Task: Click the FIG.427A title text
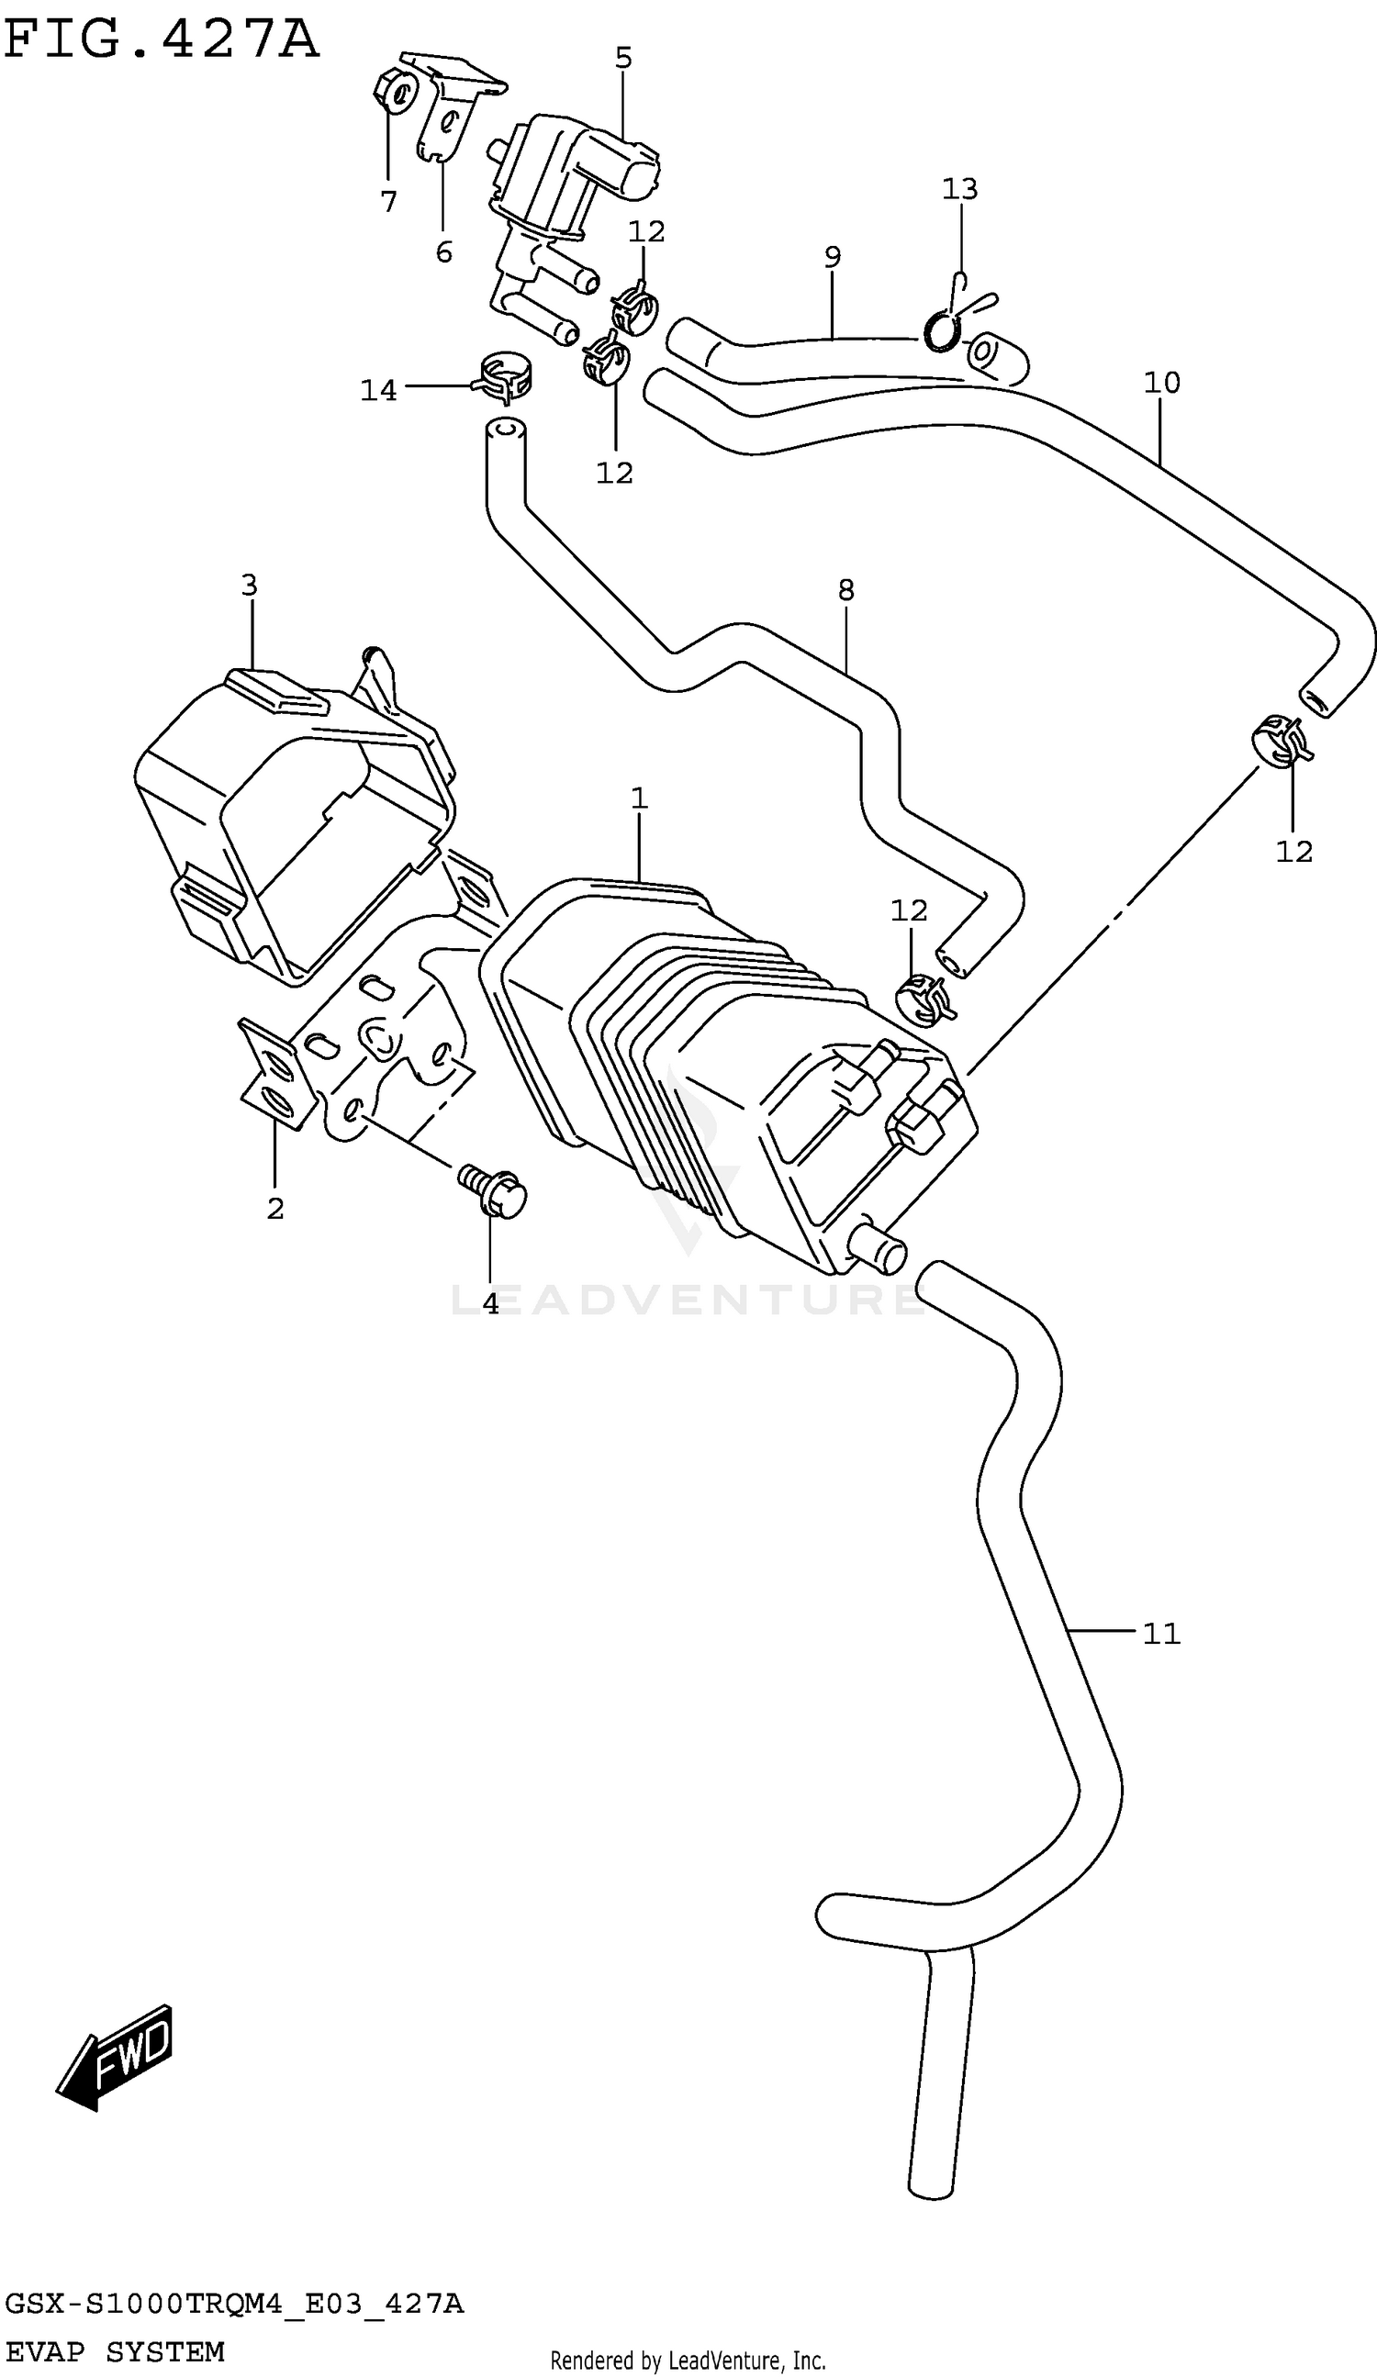[x=161, y=39]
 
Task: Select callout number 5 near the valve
[x=623, y=59]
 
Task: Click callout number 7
[x=389, y=201]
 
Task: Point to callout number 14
[x=378, y=390]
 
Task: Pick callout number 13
[x=960, y=189]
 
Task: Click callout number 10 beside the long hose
[x=1162, y=382]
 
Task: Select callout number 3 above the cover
[x=249, y=586]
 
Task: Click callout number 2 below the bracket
[x=274, y=1208]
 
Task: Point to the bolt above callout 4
[x=493, y=1190]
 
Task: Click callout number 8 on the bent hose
[x=845, y=590]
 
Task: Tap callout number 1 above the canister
[x=639, y=798]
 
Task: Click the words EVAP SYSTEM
[x=114, y=2351]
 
